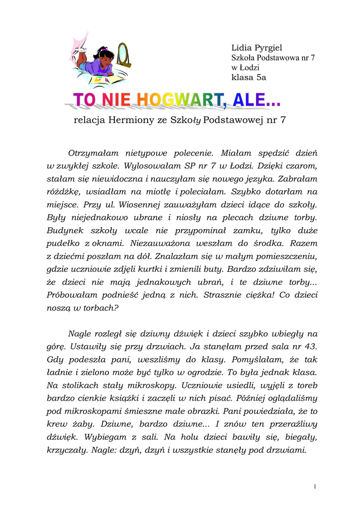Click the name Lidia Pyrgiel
(257, 48)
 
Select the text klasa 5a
(249, 77)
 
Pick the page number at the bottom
(315, 486)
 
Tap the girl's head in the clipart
(105, 56)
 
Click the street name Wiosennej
(145, 204)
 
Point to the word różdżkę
(63, 191)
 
